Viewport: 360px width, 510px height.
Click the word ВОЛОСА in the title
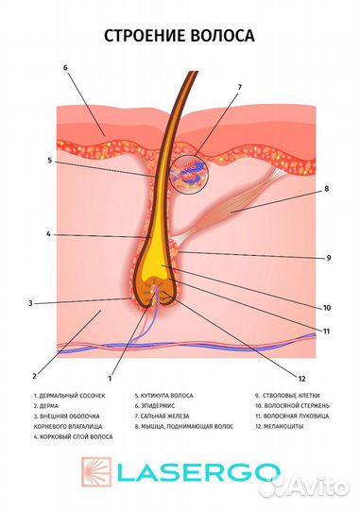(222, 36)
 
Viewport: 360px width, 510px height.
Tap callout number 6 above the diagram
(65, 68)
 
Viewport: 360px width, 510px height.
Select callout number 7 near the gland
(240, 87)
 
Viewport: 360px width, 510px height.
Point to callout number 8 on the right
(327, 189)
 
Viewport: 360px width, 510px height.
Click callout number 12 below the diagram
(301, 379)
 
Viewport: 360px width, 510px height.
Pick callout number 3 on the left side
(30, 303)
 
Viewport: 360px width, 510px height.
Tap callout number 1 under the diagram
(110, 379)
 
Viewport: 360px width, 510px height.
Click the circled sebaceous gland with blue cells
(189, 175)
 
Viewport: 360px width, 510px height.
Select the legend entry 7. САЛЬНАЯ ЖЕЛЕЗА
(162, 416)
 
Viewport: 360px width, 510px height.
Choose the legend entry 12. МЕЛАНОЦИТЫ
(280, 426)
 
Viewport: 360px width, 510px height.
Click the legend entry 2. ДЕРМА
(46, 406)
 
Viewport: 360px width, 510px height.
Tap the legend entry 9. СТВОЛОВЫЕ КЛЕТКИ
(287, 396)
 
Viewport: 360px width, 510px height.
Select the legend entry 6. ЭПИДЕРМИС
(155, 406)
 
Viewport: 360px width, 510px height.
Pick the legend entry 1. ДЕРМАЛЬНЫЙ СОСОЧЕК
(69, 396)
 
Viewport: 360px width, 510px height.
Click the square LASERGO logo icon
(96, 472)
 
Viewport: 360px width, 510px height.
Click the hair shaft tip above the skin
(194, 72)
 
